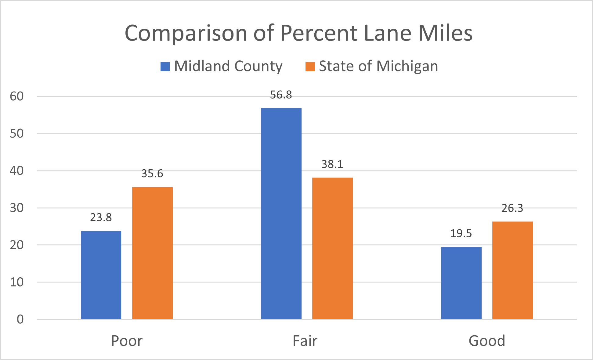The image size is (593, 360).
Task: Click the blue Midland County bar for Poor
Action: pos(101,275)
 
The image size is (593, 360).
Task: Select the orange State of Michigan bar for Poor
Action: pos(152,253)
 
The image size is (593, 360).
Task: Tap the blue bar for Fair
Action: pos(281,214)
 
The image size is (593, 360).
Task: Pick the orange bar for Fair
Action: pos(332,248)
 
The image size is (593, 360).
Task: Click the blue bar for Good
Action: pos(461,283)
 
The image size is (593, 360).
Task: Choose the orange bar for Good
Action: pos(512,270)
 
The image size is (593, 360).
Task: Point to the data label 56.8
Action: pos(281,95)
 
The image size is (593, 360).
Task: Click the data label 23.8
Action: pos(101,218)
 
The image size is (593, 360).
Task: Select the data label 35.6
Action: pos(152,174)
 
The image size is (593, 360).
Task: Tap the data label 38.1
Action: pos(332,164)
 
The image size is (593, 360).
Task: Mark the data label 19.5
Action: pos(461,234)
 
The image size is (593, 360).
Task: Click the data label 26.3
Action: pos(512,208)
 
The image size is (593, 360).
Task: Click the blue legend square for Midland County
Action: pos(165,67)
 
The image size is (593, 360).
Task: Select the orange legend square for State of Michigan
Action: pos(310,67)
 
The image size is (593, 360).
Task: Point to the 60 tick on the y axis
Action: pos(17,96)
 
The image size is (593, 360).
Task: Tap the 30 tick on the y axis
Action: pos(17,208)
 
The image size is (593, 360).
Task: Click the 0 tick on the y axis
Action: pos(20,319)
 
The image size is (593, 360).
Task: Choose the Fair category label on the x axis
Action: pos(305,341)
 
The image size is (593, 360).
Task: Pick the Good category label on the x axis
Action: pos(487,341)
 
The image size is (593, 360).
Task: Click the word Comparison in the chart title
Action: pos(186,33)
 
